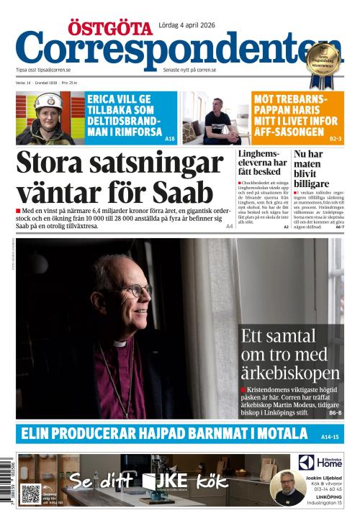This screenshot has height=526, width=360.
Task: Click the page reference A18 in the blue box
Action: tap(170, 138)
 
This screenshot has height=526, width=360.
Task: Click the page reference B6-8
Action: tap(336, 413)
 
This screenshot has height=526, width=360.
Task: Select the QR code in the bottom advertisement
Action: tap(30, 494)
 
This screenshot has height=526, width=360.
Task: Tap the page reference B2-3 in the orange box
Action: tap(336, 138)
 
